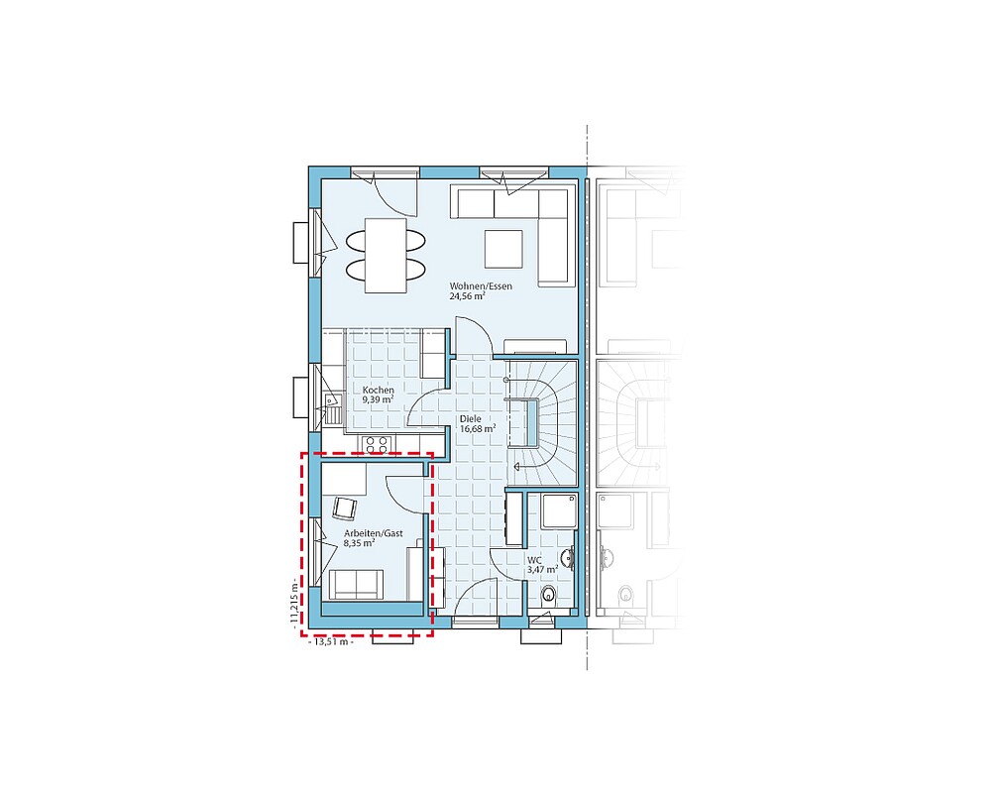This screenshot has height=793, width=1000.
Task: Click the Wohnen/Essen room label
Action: pyautogui.click(x=481, y=286)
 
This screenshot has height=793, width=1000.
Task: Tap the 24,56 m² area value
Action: pyautogui.click(x=468, y=296)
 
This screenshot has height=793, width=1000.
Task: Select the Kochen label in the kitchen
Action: pyautogui.click(x=379, y=390)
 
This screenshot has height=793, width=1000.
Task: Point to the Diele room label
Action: pyautogui.click(x=471, y=419)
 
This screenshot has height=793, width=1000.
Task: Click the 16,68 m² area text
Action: pyautogui.click(x=478, y=429)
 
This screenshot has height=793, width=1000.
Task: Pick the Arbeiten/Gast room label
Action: pyautogui.click(x=373, y=533)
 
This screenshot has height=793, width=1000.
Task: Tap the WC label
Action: pyautogui.click(x=534, y=560)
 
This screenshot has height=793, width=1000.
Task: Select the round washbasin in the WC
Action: pyautogui.click(x=567, y=559)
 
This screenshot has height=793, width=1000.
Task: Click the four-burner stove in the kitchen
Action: pyautogui.click(x=377, y=444)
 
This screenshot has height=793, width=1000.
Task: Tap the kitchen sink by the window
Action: pyautogui.click(x=332, y=408)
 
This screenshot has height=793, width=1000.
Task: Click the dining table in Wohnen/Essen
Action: pyautogui.click(x=386, y=256)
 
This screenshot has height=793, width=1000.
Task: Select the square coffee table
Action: pyautogui.click(x=503, y=250)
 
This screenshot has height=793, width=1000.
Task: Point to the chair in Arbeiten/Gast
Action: pyautogui.click(x=345, y=510)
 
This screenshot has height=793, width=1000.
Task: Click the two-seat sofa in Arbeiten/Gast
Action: pyautogui.click(x=356, y=585)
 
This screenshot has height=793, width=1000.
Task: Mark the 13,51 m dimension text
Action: pyautogui.click(x=331, y=641)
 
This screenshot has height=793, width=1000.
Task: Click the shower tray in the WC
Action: pyautogui.click(x=559, y=510)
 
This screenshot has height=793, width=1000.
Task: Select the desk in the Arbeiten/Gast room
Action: pyautogui.click(x=344, y=480)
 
